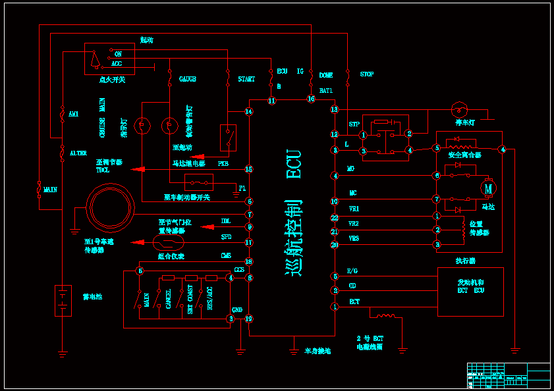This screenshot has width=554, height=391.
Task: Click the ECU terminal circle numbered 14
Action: [x=249, y=112]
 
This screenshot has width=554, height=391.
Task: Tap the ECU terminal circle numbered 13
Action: [x=335, y=109]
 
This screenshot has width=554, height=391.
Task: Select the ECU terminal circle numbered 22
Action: [x=335, y=217]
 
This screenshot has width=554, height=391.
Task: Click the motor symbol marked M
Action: [x=488, y=189]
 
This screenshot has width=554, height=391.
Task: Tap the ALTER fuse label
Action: [x=78, y=153]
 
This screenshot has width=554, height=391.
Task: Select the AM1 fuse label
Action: [x=73, y=114]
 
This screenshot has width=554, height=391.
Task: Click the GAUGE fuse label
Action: [x=188, y=79]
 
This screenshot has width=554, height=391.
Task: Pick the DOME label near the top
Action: [x=326, y=75]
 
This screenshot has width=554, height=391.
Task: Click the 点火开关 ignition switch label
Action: [x=112, y=80]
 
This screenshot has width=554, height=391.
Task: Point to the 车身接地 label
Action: [x=318, y=351]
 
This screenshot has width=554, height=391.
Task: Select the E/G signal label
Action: [x=352, y=271]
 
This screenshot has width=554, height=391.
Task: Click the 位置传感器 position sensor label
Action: [x=480, y=228]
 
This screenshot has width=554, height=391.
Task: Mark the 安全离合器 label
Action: [x=464, y=155]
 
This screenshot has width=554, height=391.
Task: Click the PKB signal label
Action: [x=223, y=164]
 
